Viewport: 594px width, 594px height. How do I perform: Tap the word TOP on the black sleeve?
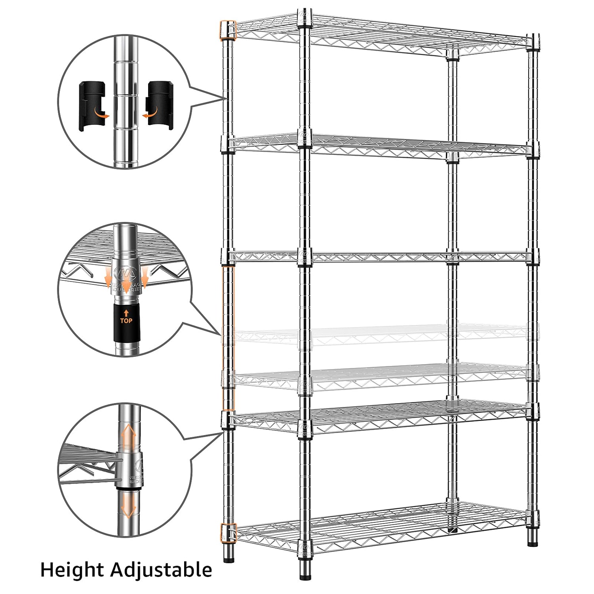pos(126,321)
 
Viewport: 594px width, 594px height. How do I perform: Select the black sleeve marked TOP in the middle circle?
pos(126,323)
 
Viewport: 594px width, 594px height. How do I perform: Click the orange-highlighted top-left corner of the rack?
pos(228,30)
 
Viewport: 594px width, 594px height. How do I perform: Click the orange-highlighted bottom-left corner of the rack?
pos(228,533)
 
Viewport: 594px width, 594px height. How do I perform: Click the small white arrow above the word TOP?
pos(126,313)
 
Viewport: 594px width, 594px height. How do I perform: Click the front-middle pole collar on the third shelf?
pos(305,257)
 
